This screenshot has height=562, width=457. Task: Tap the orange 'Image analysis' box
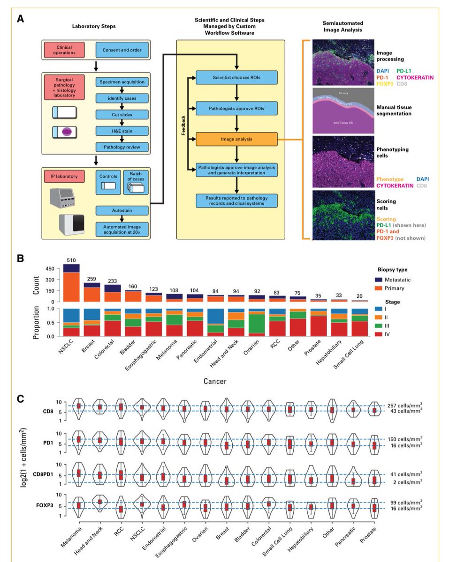pyautogui.click(x=236, y=139)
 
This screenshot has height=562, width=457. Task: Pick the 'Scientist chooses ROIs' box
pyautogui.click(x=236, y=77)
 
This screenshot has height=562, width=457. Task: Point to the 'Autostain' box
pyautogui.click(x=122, y=212)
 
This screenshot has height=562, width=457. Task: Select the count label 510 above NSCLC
pyautogui.click(x=71, y=260)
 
